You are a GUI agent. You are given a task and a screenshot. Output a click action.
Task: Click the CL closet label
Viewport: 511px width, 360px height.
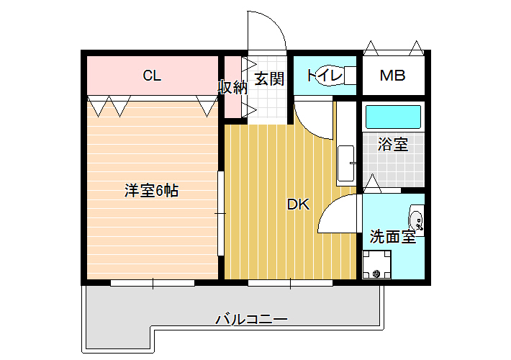pyautogui.click(x=152, y=76)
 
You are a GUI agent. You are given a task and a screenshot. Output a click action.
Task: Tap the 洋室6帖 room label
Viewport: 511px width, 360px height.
pyautogui.click(x=152, y=191)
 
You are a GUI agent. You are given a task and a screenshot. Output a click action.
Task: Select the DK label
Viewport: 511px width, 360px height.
pyautogui.click(x=298, y=204)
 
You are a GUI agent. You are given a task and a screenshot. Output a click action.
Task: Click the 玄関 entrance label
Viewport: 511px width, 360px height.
pyautogui.click(x=269, y=78)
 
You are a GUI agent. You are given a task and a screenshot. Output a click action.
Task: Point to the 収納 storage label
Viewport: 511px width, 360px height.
pyautogui.click(x=232, y=87)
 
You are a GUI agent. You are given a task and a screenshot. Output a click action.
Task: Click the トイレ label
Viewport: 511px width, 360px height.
pyautogui.click(x=325, y=76)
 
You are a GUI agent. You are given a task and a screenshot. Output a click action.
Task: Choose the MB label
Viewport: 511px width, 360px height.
pyautogui.click(x=393, y=76)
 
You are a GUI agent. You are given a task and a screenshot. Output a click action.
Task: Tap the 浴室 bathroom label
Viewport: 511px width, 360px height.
pyautogui.click(x=393, y=144)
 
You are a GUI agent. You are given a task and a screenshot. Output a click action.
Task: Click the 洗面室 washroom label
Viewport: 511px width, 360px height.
pyautogui.click(x=393, y=236)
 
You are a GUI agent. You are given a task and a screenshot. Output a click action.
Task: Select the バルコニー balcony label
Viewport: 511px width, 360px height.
pyautogui.click(x=252, y=318)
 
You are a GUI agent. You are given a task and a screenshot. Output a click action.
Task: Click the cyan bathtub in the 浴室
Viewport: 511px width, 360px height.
pyautogui.click(x=393, y=117)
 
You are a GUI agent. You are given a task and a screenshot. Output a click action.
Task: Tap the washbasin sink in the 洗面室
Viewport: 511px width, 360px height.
pyautogui.click(x=417, y=220)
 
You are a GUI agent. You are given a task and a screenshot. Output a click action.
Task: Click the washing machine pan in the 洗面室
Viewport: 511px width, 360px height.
pyautogui.click(x=376, y=264)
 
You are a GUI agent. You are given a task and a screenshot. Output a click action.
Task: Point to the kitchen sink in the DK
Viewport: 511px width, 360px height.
pyautogui.click(x=345, y=163)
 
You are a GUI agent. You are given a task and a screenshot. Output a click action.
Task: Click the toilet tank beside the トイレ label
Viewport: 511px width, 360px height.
pyautogui.click(x=351, y=76)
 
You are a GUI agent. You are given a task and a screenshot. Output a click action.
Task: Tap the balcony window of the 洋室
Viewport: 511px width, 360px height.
pyautogui.click(x=153, y=283)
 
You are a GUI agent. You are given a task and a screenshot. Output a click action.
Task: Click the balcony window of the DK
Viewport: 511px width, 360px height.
pyautogui.click(x=290, y=283)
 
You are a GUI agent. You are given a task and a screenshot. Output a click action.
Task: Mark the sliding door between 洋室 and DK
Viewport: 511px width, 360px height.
pyautogui.click(x=221, y=213)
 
